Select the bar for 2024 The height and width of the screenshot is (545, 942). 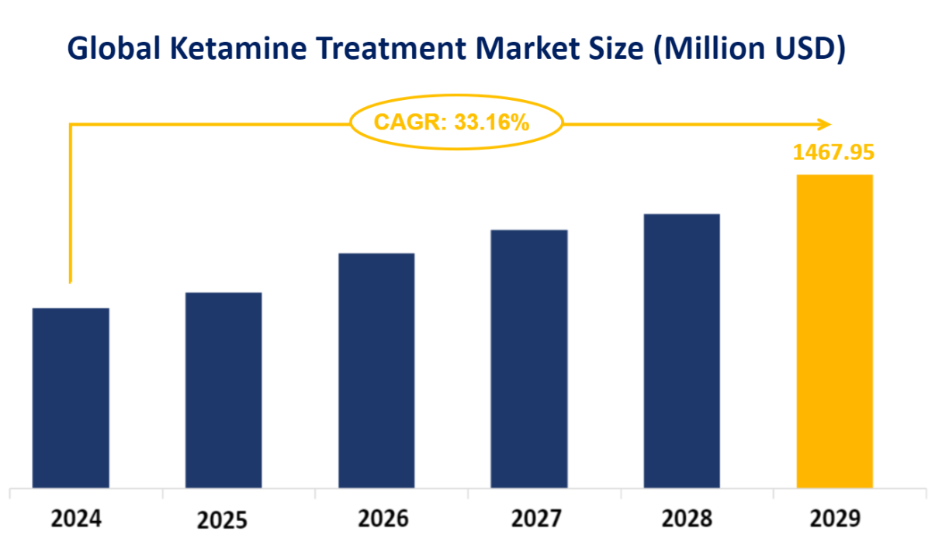pos(71,398)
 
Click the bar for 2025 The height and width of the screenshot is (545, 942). pos(223,390)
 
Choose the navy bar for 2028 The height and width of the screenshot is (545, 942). pos(682,350)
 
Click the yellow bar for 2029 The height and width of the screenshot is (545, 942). pos(835,331)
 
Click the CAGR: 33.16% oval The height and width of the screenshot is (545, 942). pos(456,122)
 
